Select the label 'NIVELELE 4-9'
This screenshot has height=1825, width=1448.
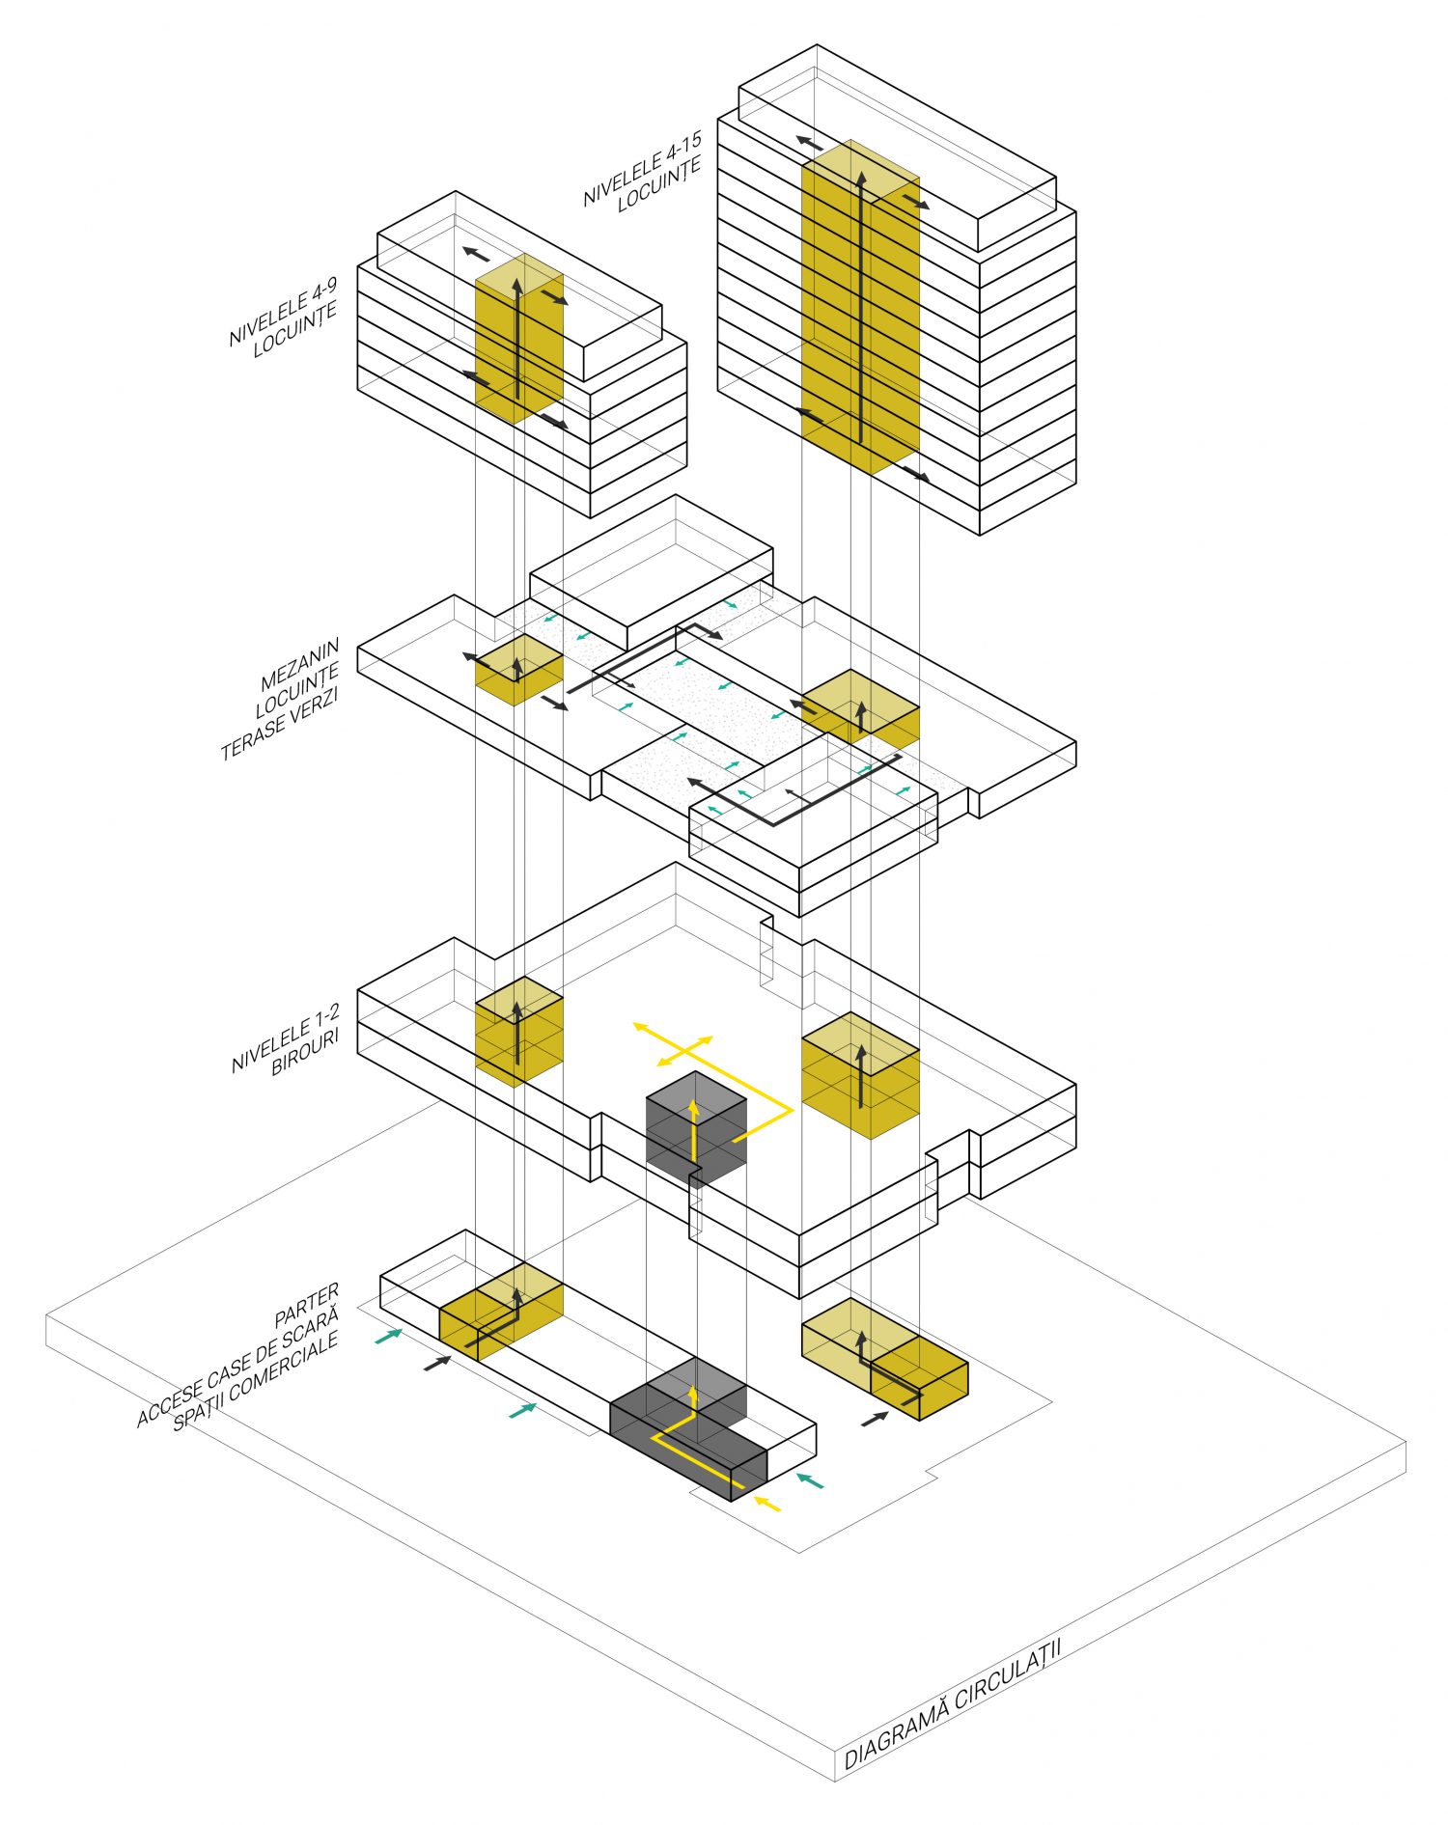click(x=282, y=311)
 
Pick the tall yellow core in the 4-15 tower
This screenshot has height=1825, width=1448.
click(x=859, y=309)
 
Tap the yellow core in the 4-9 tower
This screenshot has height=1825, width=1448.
click(x=518, y=338)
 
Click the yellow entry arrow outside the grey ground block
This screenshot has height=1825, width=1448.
click(x=767, y=1503)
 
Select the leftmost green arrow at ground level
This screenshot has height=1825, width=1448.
click(x=387, y=1336)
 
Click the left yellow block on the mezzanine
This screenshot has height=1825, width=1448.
click(x=518, y=669)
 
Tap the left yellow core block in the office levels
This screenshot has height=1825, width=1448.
click(x=518, y=1031)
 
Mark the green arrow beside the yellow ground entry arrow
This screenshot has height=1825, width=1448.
click(x=810, y=1479)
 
